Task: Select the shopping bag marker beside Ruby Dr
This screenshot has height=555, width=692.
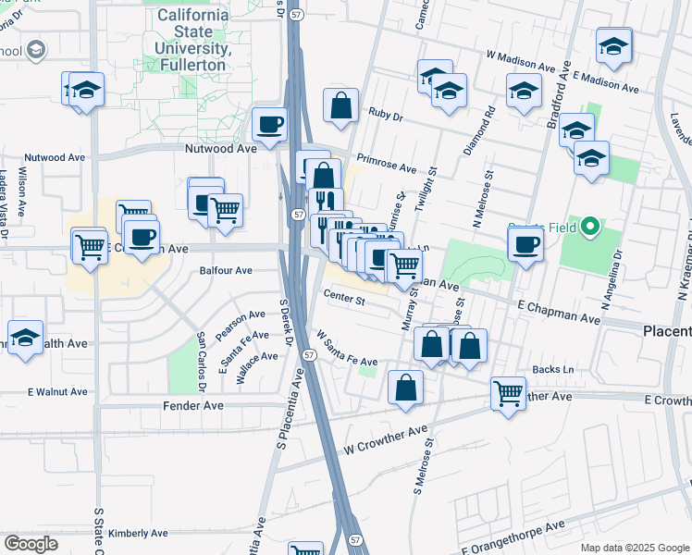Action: click(x=341, y=106)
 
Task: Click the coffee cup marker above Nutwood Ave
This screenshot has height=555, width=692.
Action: click(x=270, y=125)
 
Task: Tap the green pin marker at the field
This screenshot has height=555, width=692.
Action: click(x=588, y=226)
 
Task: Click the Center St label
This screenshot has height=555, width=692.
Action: click(x=345, y=298)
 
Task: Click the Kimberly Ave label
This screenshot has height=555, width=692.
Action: click(x=138, y=534)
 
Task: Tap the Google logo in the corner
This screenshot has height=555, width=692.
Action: click(x=31, y=544)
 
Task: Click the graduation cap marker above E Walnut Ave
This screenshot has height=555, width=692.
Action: click(x=25, y=338)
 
